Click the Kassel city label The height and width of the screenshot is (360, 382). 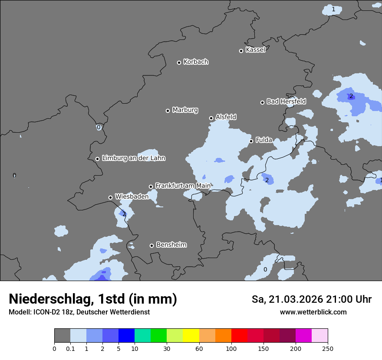click(x=255, y=50)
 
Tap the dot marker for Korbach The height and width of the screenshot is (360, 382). click(x=179, y=62)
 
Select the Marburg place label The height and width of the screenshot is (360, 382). click(x=185, y=110)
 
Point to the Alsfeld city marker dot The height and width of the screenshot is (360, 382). click(x=211, y=118)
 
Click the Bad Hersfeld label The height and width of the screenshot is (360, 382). click(x=286, y=101)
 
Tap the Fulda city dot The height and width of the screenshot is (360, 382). click(x=251, y=141)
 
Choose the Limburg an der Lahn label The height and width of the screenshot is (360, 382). click(x=133, y=158)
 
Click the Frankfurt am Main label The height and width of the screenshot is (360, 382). click(x=183, y=186)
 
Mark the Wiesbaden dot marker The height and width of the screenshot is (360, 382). click(x=110, y=197)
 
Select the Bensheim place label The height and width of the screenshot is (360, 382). click(x=171, y=245)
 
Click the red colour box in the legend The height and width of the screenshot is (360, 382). click(x=239, y=336)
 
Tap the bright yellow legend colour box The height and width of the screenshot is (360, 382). click(x=191, y=336)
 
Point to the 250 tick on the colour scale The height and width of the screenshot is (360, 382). click(x=328, y=348)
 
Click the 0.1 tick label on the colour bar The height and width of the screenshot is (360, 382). click(x=70, y=348)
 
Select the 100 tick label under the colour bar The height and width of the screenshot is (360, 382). click(x=231, y=348)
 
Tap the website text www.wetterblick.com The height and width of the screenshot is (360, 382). click(x=313, y=312)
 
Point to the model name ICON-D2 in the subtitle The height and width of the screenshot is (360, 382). click(x=48, y=312)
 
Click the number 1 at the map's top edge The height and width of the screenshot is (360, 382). click(x=333, y=9)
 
